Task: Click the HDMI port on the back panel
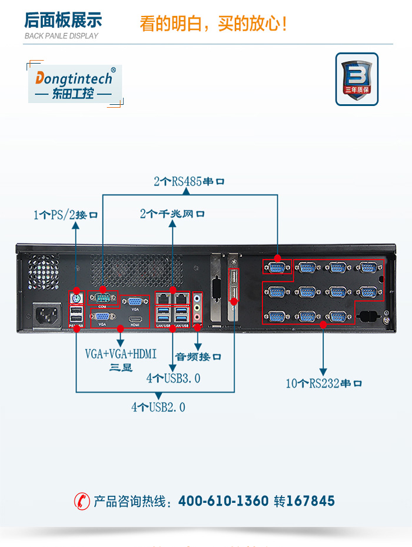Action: pos(135,318)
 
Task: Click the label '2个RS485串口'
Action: pos(190,181)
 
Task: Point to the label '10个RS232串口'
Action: pos(324,383)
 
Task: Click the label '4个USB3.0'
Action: pos(173,378)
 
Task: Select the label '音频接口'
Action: pos(198,356)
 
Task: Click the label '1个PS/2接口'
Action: pos(65,215)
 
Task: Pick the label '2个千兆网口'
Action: pos(172,214)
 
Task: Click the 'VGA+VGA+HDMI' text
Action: pos(121,354)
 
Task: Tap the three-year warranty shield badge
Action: pos(356,79)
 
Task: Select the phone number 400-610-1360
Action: pos(223,501)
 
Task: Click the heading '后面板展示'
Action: pos(63,21)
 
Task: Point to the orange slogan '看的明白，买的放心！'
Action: pos(214,24)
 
